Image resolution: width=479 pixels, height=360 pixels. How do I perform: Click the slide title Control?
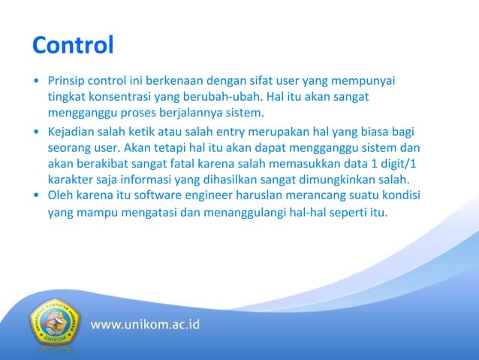click(x=73, y=46)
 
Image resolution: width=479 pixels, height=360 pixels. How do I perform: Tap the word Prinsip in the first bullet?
click(x=65, y=80)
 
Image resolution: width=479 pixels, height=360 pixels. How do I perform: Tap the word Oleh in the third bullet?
click(x=60, y=196)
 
